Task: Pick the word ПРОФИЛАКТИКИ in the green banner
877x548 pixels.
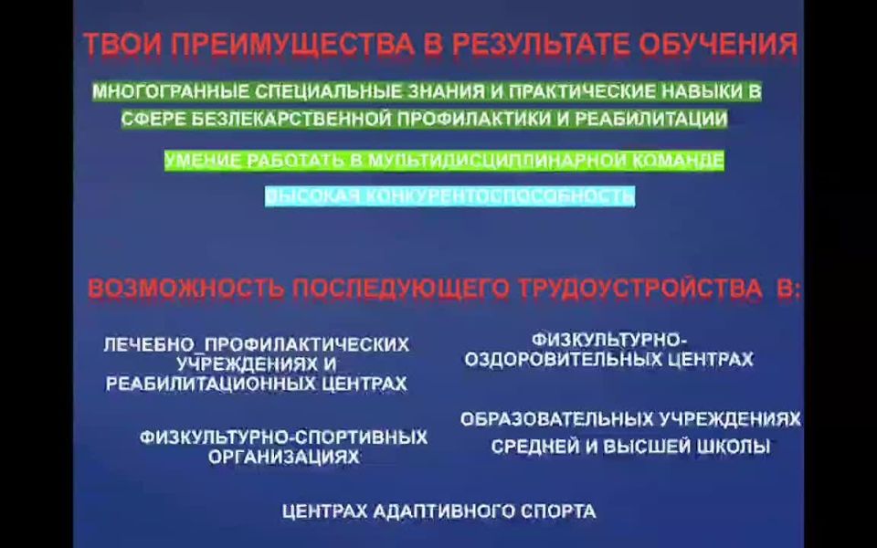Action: pos(475,119)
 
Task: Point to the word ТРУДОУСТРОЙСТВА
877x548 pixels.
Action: pos(639,289)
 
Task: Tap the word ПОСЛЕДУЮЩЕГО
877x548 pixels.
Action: pos(401,289)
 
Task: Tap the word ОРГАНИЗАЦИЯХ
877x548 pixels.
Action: pos(283,457)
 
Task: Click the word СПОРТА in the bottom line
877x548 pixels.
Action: pos(558,511)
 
